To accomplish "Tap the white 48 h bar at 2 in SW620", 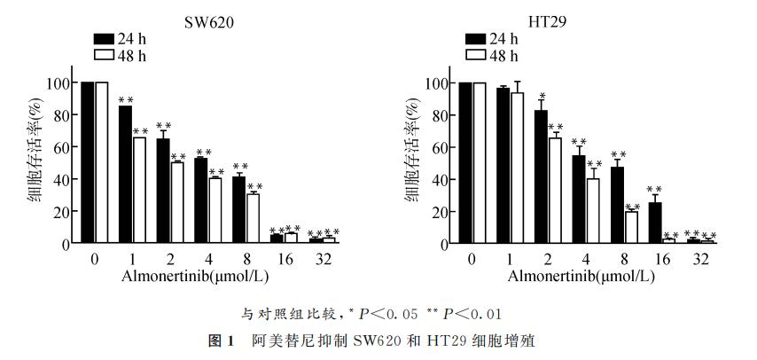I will (177, 202).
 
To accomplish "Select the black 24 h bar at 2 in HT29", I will (541, 177).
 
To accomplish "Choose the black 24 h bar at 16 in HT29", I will (655, 223).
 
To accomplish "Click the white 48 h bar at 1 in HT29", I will (518, 168).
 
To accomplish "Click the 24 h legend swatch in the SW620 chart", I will (105, 38).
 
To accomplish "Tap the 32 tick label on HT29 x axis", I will (700, 259).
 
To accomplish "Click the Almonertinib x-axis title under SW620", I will (189, 276).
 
